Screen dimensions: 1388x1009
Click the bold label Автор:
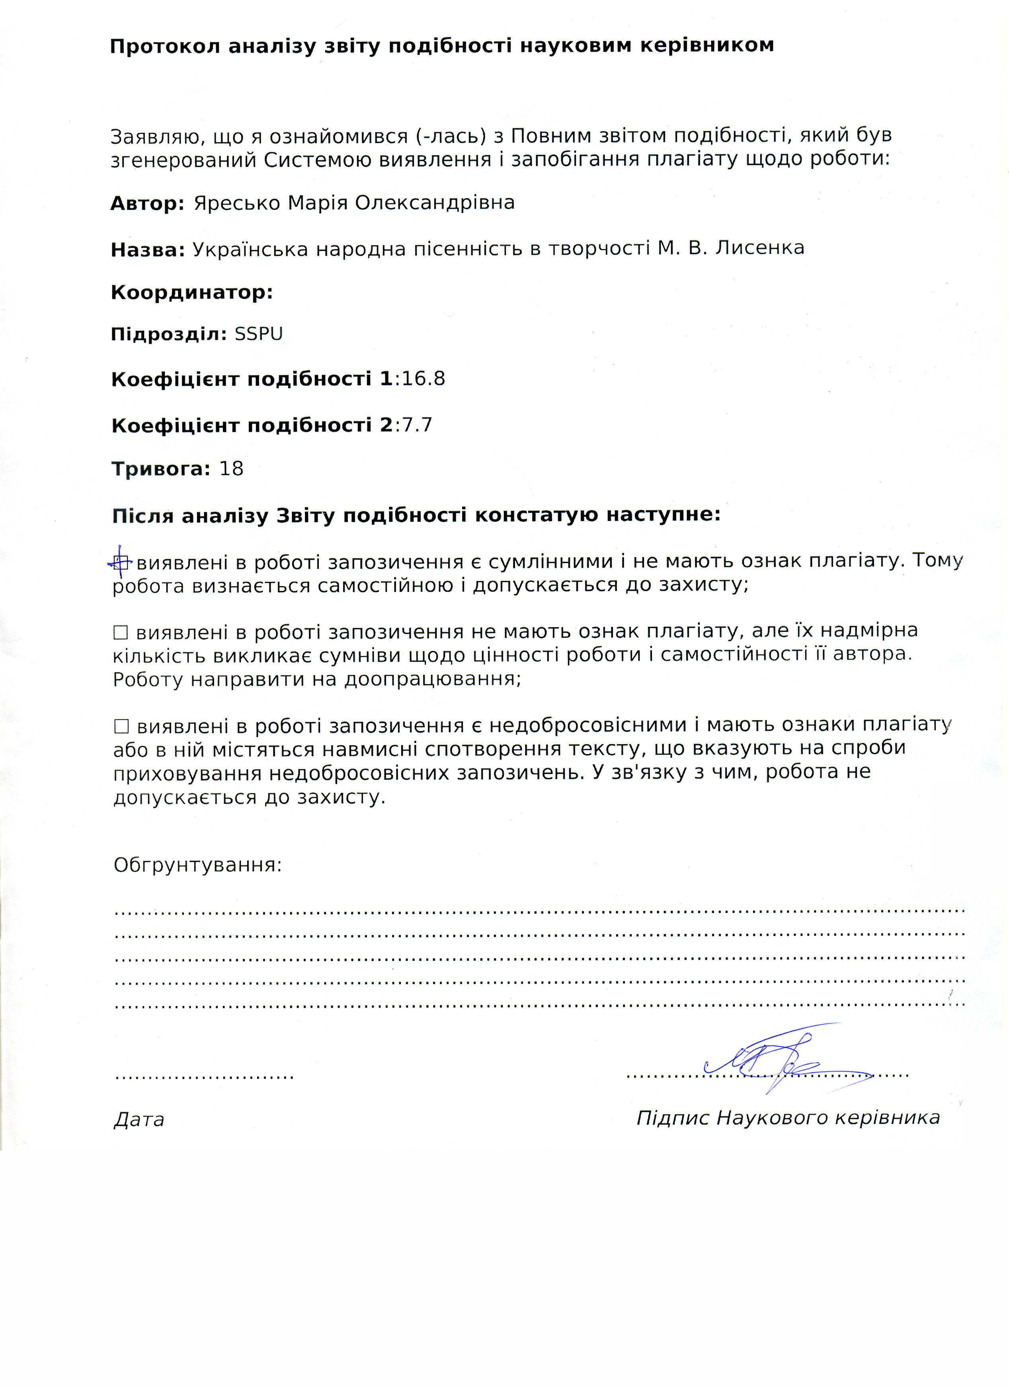[147, 203]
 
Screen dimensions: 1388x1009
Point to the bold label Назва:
[148, 250]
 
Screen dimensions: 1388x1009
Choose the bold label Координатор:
[191, 292]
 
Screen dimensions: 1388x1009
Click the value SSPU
[258, 334]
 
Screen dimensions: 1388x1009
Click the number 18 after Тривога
[231, 469]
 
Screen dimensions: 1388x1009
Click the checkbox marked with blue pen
[121, 561]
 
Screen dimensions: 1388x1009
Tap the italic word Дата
[139, 1119]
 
